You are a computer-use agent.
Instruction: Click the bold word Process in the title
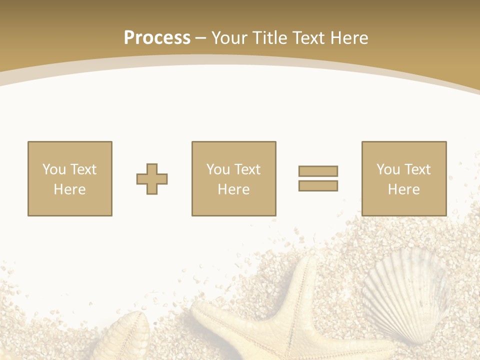click(157, 38)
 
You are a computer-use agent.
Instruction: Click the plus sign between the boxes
click(152, 179)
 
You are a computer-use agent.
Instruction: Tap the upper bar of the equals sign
click(318, 171)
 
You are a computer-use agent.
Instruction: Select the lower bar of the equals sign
click(318, 186)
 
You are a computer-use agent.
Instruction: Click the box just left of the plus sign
click(70, 179)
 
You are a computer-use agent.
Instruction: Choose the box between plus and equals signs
click(233, 179)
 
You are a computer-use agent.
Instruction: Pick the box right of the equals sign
click(403, 179)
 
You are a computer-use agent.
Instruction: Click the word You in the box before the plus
click(54, 169)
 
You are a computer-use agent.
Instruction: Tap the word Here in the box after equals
click(403, 189)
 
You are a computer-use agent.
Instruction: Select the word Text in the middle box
click(247, 169)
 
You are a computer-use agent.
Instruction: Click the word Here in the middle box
click(233, 189)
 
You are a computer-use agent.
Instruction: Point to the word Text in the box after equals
click(417, 169)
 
